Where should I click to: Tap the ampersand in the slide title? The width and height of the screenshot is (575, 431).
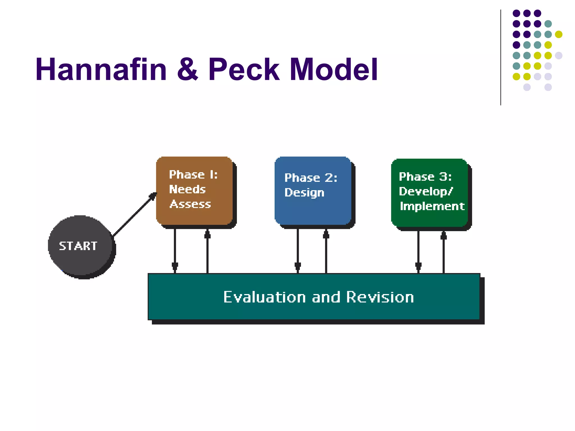click(188, 69)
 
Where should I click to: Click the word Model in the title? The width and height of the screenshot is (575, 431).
click(334, 69)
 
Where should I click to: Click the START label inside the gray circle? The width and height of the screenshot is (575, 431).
click(78, 246)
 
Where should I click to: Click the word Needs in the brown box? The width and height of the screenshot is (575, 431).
click(187, 189)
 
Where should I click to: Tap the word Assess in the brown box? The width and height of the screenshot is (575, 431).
click(190, 204)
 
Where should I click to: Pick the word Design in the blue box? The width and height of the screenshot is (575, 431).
click(304, 193)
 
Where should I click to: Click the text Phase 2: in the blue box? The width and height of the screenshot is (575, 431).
click(311, 178)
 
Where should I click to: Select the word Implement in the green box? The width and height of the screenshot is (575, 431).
click(432, 206)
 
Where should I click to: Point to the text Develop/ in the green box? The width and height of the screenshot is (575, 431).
click(426, 192)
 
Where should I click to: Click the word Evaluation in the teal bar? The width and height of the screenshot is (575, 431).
click(264, 297)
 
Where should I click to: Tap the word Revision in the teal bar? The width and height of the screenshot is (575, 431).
click(380, 297)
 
